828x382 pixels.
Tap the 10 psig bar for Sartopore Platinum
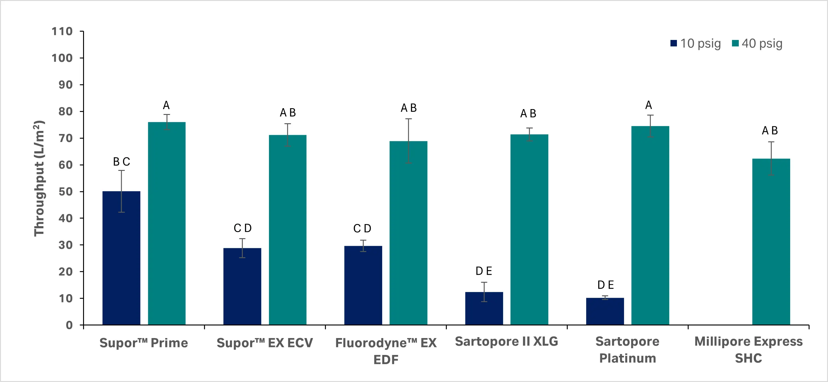click(x=605, y=311)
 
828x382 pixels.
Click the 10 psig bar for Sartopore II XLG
click(x=484, y=308)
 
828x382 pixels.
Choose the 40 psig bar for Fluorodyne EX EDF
click(x=408, y=233)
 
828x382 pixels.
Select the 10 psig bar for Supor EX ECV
click(x=242, y=286)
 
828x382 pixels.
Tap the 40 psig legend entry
click(x=757, y=43)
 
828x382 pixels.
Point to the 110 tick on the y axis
click(x=62, y=31)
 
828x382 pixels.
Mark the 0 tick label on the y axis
click(x=69, y=325)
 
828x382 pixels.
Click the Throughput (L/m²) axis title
click(x=39, y=178)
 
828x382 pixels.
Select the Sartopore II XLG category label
click(x=506, y=341)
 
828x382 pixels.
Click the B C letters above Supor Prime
click(x=122, y=162)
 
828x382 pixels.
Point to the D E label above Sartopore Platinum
click(x=606, y=285)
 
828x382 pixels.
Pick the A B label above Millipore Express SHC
click(x=770, y=131)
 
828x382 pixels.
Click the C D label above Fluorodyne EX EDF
click(x=362, y=229)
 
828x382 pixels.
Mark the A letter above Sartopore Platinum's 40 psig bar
click(x=649, y=105)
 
